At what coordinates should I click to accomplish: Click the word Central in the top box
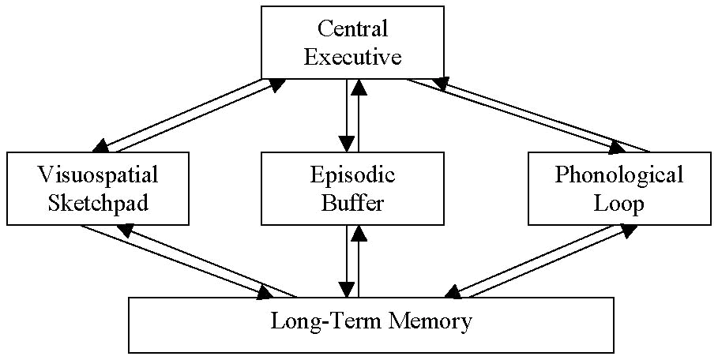353,29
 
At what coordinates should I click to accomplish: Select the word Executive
353,58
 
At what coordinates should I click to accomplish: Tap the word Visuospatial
98,174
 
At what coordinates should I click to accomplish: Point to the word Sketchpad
98,203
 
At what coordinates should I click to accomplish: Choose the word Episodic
353,174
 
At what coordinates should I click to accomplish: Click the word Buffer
353,203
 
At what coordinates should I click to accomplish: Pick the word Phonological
618,174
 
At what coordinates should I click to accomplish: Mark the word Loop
618,203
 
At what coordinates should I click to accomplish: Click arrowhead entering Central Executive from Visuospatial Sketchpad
276,83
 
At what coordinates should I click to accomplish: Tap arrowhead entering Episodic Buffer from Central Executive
346,144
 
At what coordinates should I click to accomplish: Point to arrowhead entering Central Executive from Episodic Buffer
359,87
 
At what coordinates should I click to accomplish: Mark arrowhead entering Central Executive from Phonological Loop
441,83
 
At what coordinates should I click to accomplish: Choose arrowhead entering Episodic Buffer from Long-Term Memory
359,233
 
